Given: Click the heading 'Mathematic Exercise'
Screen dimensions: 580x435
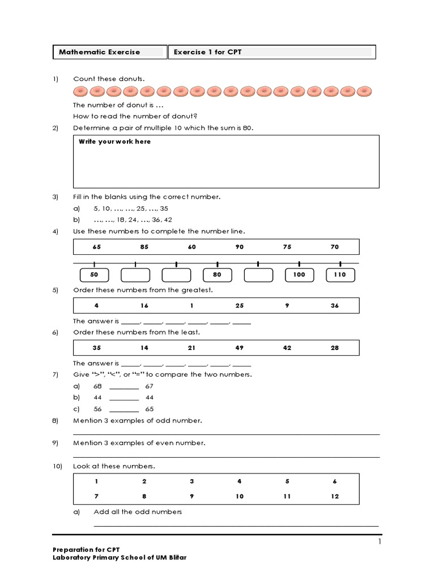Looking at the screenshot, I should click(x=100, y=52).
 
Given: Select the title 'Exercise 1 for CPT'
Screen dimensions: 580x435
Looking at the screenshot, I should click(x=208, y=52).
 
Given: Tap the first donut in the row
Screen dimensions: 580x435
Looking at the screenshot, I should click(x=80, y=91).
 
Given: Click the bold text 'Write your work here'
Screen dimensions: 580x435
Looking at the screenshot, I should click(x=114, y=142).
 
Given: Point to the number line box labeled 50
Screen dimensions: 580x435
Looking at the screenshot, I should click(x=94, y=275).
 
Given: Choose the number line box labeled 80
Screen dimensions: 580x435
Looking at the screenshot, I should click(x=217, y=275).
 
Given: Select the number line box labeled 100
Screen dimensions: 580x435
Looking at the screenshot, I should click(x=299, y=275).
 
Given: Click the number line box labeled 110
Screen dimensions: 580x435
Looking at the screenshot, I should click(x=340, y=275).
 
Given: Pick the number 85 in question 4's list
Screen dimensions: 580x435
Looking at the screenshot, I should click(x=144, y=247).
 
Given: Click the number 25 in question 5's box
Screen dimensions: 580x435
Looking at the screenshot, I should click(x=240, y=305).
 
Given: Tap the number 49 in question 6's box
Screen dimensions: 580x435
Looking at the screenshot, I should click(x=240, y=348).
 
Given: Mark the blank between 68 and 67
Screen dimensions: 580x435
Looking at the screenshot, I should click(x=124, y=386).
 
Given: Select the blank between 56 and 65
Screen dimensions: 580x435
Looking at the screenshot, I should click(x=124, y=409).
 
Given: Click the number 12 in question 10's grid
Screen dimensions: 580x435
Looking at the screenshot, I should click(x=335, y=496).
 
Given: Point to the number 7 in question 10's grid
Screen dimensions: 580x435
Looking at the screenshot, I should click(x=96, y=496).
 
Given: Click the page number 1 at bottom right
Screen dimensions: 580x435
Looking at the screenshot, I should click(x=380, y=542).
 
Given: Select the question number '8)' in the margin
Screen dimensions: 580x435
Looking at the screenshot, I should click(x=56, y=421).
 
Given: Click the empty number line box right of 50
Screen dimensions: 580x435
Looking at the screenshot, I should click(x=135, y=275).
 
